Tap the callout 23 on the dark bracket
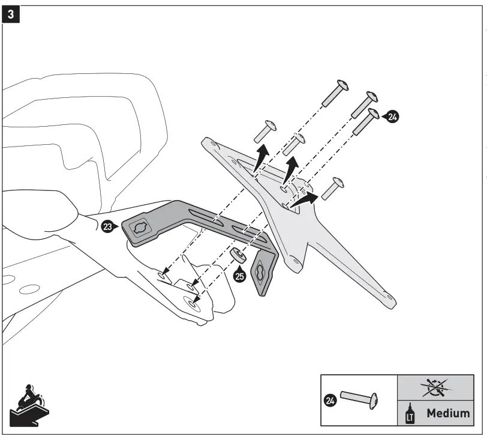click(108, 227)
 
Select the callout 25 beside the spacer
click(240, 277)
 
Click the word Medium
click(448, 413)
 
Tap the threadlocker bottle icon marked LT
click(411, 413)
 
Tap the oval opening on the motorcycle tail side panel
click(29, 289)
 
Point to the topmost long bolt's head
click(342, 84)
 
